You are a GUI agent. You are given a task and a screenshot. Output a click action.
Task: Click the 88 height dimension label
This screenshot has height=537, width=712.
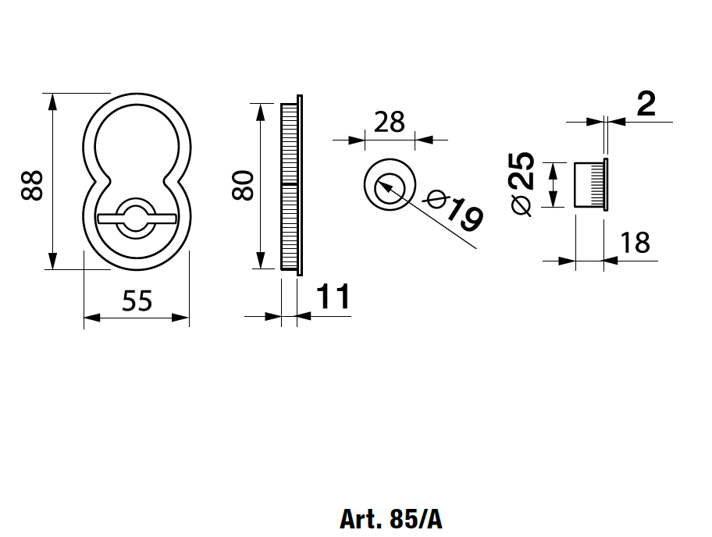(x=32, y=186)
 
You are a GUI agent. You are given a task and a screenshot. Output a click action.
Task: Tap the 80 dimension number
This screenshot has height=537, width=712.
(x=244, y=185)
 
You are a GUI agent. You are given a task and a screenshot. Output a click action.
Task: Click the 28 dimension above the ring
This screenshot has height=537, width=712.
(x=390, y=122)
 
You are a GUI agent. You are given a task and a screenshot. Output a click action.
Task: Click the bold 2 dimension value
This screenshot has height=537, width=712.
(x=646, y=105)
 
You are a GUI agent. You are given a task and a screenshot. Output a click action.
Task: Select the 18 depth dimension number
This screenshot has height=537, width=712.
(x=635, y=243)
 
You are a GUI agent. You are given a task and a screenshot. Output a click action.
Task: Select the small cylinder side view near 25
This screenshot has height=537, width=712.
(x=590, y=185)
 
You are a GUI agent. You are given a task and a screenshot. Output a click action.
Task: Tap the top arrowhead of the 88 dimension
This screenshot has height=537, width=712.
(x=52, y=101)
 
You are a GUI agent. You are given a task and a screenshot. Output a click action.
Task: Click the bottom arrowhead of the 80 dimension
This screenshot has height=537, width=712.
(x=260, y=263)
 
